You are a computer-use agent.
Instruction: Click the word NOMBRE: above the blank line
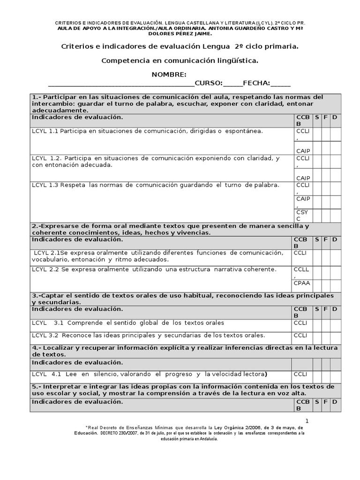[x=169, y=75]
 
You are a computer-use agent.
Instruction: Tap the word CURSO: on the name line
[x=209, y=83]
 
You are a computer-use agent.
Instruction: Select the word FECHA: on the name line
[x=257, y=83]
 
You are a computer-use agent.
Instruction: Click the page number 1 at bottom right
[x=307, y=420]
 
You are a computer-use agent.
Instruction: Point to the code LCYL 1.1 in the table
[x=45, y=131]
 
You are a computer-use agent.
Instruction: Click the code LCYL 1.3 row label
[x=45, y=185]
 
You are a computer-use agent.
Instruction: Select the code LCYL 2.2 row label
[x=45, y=270]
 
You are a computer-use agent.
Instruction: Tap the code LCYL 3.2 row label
[x=45, y=335]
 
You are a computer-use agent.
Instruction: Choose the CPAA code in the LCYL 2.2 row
[x=302, y=283]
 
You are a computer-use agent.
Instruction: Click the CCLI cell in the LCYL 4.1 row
[x=300, y=374]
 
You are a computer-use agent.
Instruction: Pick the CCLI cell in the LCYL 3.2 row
[x=300, y=335]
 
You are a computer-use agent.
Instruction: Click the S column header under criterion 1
[x=317, y=117]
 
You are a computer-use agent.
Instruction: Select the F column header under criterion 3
[x=326, y=309]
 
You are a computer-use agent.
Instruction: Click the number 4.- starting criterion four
[x=36, y=348]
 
